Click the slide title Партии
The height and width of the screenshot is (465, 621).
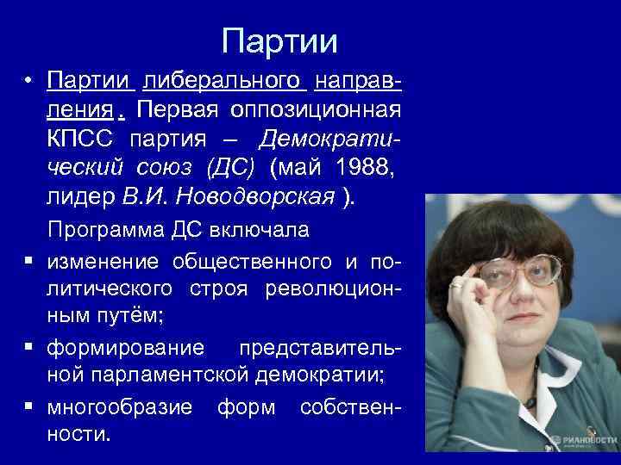coord(279,40)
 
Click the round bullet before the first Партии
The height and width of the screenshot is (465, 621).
coord(28,82)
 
